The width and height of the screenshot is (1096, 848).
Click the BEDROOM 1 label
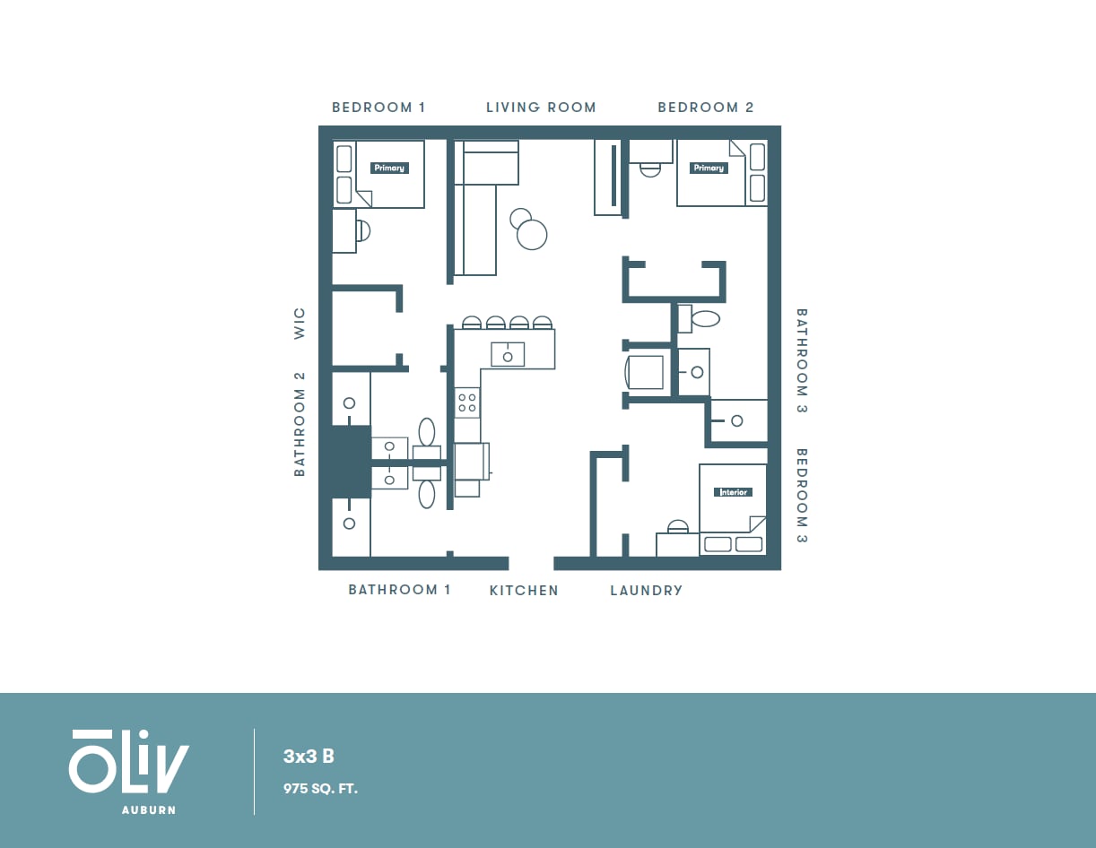[x=378, y=108]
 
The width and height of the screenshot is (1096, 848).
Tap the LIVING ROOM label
[x=541, y=108]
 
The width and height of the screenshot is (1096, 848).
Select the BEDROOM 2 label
[x=706, y=108]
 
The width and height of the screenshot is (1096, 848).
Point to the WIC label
[x=300, y=323]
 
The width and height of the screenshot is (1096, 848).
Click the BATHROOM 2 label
[x=300, y=424]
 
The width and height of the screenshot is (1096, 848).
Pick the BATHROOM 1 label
[x=399, y=590]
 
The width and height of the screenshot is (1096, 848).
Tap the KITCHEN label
[x=524, y=591]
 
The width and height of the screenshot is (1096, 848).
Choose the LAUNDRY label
[x=646, y=591]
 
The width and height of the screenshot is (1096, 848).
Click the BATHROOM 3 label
[x=802, y=360]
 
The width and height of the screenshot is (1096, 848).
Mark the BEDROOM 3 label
[x=802, y=496]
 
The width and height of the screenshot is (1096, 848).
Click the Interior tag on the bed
[x=733, y=492]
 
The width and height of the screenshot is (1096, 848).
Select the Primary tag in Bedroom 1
[x=389, y=168]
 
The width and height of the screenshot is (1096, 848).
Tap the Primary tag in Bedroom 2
[x=708, y=168]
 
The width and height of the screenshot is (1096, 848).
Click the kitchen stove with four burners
[x=467, y=402]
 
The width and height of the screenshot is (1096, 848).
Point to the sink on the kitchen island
[x=508, y=355]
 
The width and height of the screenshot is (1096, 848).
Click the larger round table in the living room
[x=532, y=235]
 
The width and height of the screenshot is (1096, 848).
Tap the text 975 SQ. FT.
[x=320, y=789]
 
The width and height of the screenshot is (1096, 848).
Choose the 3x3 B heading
[x=309, y=757]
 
